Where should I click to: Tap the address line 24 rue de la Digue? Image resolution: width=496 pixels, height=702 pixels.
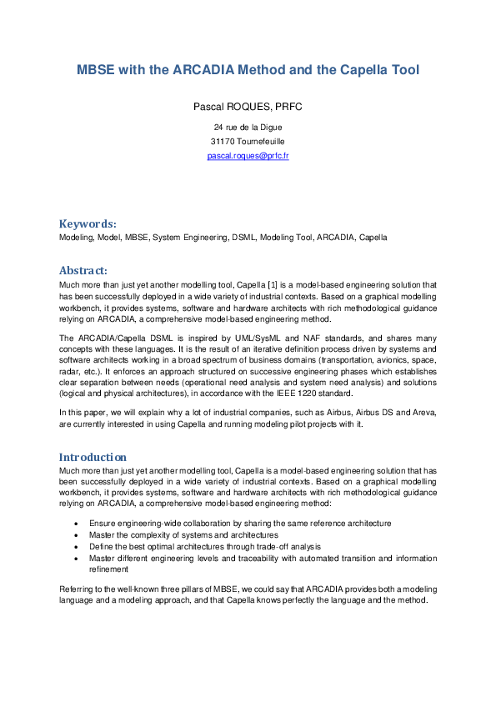click(x=248, y=128)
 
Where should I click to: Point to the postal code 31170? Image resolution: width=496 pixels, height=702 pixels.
click(x=221, y=142)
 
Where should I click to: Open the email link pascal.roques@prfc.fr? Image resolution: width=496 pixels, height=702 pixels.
click(x=248, y=156)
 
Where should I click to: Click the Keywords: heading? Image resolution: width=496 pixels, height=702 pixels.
click(x=88, y=223)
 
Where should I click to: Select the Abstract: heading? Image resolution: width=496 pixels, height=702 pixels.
click(x=83, y=270)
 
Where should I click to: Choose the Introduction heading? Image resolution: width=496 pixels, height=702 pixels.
click(x=93, y=457)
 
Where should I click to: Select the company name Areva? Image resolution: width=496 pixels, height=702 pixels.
click(x=421, y=413)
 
